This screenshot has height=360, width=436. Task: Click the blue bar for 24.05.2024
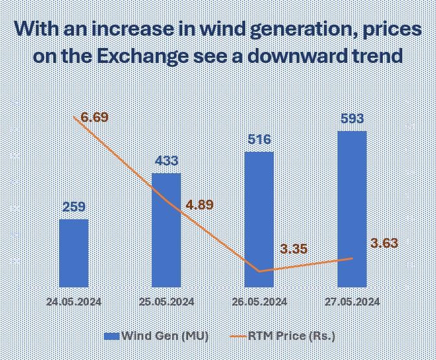(73, 253)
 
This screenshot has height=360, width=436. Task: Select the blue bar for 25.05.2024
(166, 230)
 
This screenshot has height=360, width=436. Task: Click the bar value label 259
(73, 208)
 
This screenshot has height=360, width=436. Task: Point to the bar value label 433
(166, 161)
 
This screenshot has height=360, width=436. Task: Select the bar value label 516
(259, 139)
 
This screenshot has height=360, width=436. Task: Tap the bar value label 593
(352, 119)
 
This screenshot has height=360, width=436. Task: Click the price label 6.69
(95, 117)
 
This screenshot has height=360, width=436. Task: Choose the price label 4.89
(199, 205)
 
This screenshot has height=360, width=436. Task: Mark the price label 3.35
(293, 249)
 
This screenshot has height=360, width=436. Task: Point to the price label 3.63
(384, 243)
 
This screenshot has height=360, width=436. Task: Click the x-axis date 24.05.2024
(73, 302)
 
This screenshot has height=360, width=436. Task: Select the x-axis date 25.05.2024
(166, 302)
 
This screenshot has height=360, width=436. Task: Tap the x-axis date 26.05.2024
(259, 302)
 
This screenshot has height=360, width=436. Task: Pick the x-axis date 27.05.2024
(352, 302)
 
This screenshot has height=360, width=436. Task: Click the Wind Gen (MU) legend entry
(156, 335)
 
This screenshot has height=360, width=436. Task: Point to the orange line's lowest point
(259, 271)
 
